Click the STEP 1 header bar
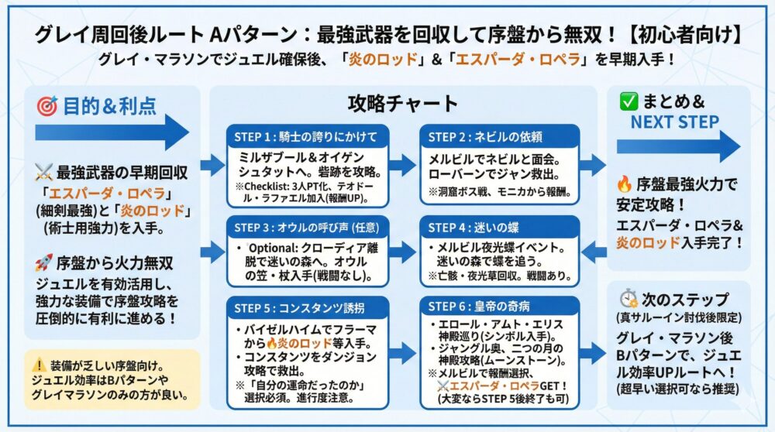click(305, 137)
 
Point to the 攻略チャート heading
click(403, 104)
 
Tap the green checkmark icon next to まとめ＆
click(628, 101)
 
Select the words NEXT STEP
click(674, 122)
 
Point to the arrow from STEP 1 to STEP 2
click(403, 164)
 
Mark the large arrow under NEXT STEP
click(678, 146)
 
